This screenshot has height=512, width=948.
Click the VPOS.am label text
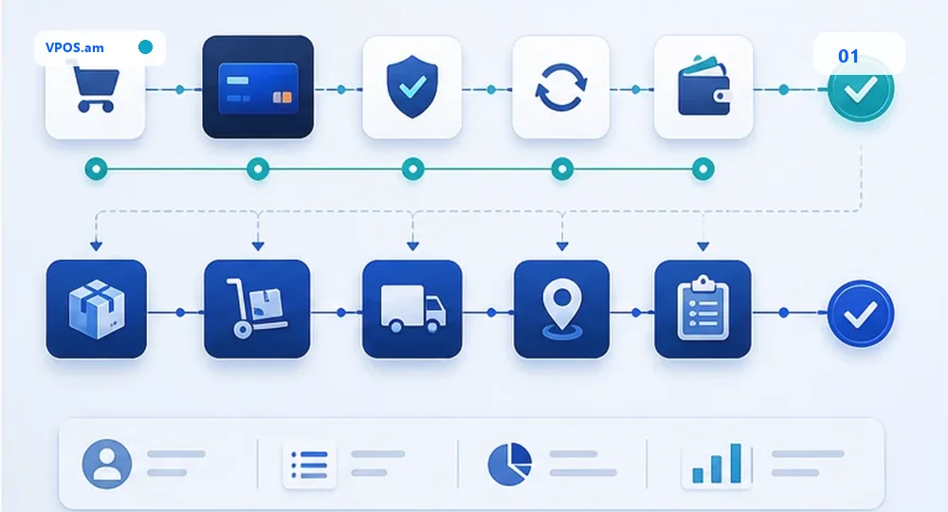click(74, 47)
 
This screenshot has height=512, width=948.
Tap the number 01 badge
click(848, 56)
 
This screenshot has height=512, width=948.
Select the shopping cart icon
click(96, 89)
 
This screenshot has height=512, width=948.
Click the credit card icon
click(258, 88)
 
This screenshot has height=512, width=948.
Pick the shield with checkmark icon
click(411, 86)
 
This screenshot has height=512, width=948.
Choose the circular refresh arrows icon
click(561, 87)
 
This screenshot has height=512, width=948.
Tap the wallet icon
click(704, 86)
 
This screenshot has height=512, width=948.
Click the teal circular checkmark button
click(861, 89)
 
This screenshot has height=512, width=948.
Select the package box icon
click(97, 309)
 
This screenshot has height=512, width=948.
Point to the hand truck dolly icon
click(256, 307)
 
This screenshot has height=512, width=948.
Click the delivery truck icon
click(413, 309)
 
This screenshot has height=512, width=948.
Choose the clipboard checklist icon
click(702, 308)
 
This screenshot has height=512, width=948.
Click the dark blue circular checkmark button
click(861, 313)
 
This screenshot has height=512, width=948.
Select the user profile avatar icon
click(107, 464)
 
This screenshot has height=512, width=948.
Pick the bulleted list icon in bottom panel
click(310, 465)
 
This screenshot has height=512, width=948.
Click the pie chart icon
click(510, 464)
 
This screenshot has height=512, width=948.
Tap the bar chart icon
click(717, 464)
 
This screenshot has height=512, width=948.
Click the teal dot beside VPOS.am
click(145, 47)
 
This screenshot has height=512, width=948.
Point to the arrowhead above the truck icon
click(413, 246)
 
